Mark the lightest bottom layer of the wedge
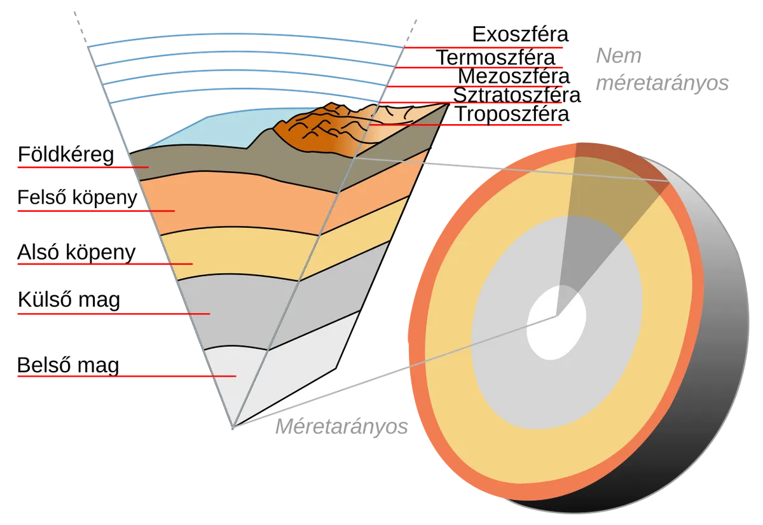coord(254,375)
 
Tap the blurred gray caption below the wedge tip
coord(340,427)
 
